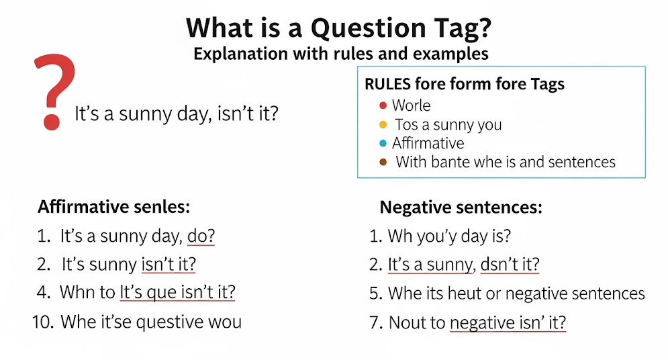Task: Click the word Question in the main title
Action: click(369, 29)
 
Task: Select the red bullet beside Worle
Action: click(383, 105)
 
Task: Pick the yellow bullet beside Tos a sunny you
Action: click(383, 124)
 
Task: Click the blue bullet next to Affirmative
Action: click(383, 143)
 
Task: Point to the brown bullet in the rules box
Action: click(383, 162)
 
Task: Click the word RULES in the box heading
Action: click(387, 84)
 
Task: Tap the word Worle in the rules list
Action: click(411, 105)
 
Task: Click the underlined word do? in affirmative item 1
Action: click(201, 236)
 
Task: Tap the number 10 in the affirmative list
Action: click(43, 322)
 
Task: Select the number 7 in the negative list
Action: click(374, 323)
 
